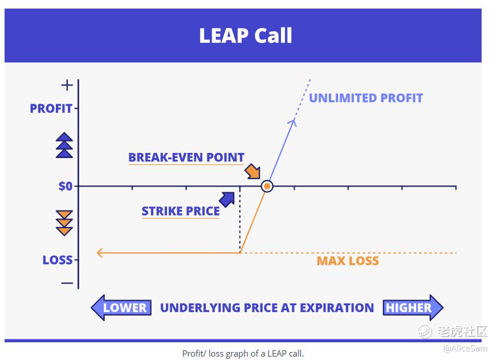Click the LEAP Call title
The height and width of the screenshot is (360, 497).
click(x=245, y=35)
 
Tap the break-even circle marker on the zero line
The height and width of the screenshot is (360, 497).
click(x=267, y=186)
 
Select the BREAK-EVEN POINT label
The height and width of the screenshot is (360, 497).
click(x=186, y=157)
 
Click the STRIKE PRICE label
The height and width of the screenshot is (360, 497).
click(x=181, y=211)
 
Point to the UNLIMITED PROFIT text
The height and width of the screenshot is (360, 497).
click(x=366, y=98)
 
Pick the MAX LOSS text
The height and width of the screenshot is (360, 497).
click(x=348, y=261)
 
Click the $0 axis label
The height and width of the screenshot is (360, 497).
click(x=66, y=186)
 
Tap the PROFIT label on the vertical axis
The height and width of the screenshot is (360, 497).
click(x=51, y=108)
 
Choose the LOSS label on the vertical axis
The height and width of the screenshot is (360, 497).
click(x=58, y=260)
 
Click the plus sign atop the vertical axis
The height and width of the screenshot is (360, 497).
click(x=67, y=86)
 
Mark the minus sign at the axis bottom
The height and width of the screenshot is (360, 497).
click(x=67, y=283)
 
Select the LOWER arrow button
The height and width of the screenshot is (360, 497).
click(x=121, y=308)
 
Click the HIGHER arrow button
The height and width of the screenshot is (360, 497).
click(x=413, y=308)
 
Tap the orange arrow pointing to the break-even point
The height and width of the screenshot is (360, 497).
click(x=252, y=171)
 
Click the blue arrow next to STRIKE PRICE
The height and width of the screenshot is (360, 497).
click(x=227, y=200)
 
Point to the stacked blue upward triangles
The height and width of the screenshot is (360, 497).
click(x=64, y=145)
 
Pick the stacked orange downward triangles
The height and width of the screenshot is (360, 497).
click(x=64, y=223)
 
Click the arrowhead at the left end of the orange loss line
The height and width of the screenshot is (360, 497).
click(x=100, y=253)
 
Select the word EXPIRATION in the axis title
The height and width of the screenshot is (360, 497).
click(x=337, y=308)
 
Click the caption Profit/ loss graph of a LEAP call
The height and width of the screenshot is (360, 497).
click(x=243, y=353)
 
